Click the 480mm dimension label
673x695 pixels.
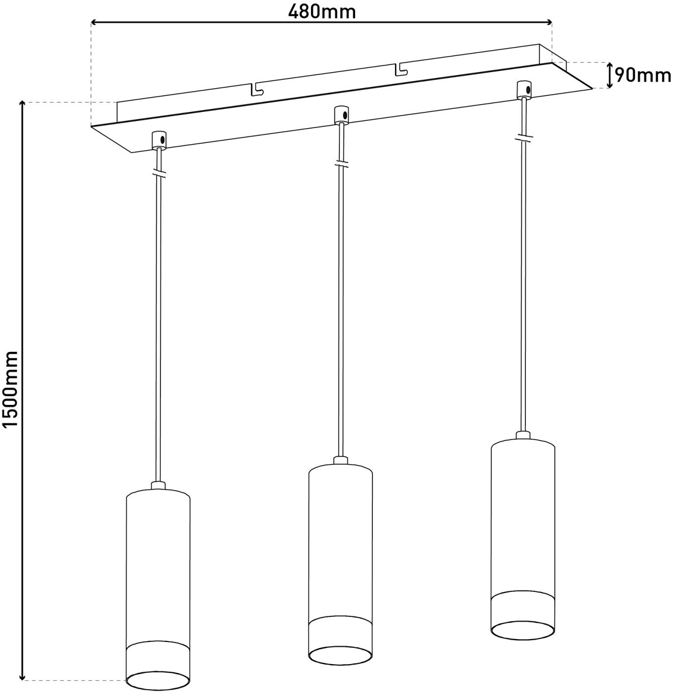coord(321,11)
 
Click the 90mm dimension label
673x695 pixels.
coord(643,75)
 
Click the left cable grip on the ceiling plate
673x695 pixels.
coord(159,139)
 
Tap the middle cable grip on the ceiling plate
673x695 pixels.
coord(340,114)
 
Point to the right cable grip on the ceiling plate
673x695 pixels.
coord(524,89)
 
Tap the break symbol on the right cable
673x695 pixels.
coord(524,138)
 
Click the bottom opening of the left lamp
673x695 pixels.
coord(158,680)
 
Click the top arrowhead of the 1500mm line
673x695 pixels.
coord(22,104)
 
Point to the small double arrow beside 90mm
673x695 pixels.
coord(609,75)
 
